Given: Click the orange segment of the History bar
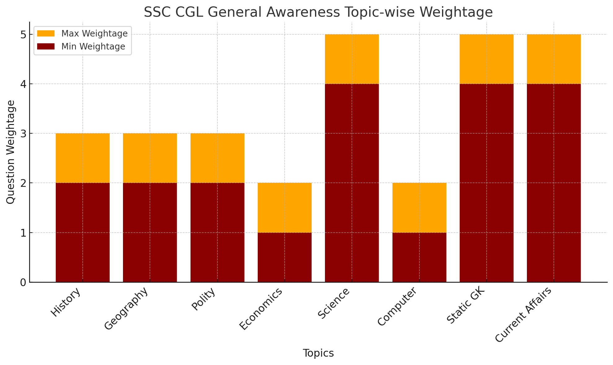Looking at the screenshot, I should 82,158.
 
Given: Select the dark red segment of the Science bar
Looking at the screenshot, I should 352,183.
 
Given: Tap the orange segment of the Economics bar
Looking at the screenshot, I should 284,208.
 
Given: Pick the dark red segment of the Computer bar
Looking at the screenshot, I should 419,257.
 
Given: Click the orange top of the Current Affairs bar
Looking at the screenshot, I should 554,59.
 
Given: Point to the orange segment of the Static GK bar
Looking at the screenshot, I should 486,59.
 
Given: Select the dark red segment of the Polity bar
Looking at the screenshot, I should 217,232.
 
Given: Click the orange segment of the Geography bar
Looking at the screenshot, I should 150,158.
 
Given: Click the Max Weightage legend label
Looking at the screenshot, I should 94,33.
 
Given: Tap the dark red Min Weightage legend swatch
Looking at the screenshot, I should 46,46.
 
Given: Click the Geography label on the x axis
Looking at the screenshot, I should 126,309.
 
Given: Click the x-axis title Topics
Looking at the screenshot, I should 318,353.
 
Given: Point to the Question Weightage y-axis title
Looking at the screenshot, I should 11,152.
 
